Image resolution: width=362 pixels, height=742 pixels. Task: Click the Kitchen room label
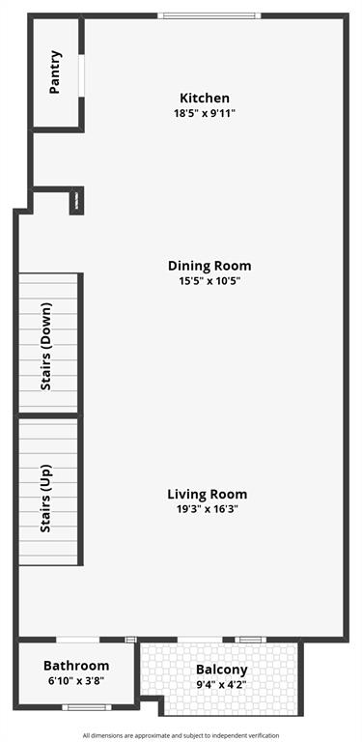pyautogui.click(x=205, y=98)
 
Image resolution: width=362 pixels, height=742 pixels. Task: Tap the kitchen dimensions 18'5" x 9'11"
pyautogui.click(x=205, y=113)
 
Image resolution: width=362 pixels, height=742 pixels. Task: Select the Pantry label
pyautogui.click(x=55, y=71)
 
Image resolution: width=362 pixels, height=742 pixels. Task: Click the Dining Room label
pyautogui.click(x=209, y=266)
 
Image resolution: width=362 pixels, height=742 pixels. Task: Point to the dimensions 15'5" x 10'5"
pyautogui.click(x=209, y=281)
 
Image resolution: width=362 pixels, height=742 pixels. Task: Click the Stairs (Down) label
pyautogui.click(x=45, y=346)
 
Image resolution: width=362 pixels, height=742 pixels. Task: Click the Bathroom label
pyautogui.click(x=76, y=666)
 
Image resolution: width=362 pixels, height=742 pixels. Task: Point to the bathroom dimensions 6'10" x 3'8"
pyautogui.click(x=76, y=680)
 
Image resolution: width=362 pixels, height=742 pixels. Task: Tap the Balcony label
pyautogui.click(x=222, y=670)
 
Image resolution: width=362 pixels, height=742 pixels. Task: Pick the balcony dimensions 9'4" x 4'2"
pyautogui.click(x=222, y=684)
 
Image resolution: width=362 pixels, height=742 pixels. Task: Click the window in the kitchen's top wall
pyautogui.click(x=209, y=15)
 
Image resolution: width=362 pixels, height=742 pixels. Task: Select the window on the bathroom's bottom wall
pyautogui.click(x=87, y=708)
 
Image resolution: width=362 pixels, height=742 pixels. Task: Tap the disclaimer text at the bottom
pyautogui.click(x=181, y=735)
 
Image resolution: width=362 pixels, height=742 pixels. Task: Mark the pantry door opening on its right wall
pyautogui.click(x=82, y=74)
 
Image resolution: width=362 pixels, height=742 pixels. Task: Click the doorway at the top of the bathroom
pyautogui.click(x=76, y=640)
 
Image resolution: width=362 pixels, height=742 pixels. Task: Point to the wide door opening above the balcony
pyautogui.click(x=200, y=640)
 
